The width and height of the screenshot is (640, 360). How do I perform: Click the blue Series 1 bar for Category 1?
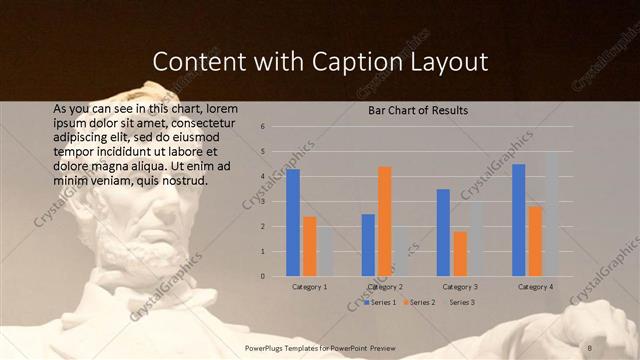(x=293, y=222)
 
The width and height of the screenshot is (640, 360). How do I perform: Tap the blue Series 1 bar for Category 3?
(x=443, y=232)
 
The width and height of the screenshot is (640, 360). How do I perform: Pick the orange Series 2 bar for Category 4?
(x=535, y=241)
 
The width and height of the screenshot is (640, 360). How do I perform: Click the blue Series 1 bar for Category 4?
(x=518, y=220)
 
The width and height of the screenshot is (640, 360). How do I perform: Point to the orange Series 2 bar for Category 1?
(x=310, y=246)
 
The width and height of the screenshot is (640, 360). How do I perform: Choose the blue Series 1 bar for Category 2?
(x=368, y=245)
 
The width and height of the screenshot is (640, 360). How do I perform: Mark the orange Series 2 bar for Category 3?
(x=460, y=254)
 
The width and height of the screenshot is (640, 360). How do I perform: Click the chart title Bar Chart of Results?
(x=412, y=110)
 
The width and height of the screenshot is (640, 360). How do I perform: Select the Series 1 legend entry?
(x=381, y=302)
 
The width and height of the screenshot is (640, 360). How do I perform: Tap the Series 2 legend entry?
(x=421, y=302)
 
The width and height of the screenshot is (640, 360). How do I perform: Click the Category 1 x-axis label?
(x=310, y=287)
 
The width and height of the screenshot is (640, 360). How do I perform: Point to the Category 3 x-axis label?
(x=461, y=287)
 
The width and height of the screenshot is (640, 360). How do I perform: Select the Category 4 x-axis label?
(x=536, y=287)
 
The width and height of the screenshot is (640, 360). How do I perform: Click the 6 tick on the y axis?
(x=262, y=127)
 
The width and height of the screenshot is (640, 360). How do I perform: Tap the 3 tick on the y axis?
(x=262, y=201)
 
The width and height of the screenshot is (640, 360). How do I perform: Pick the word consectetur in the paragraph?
(x=207, y=121)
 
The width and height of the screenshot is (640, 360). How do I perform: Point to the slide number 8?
(x=589, y=347)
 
